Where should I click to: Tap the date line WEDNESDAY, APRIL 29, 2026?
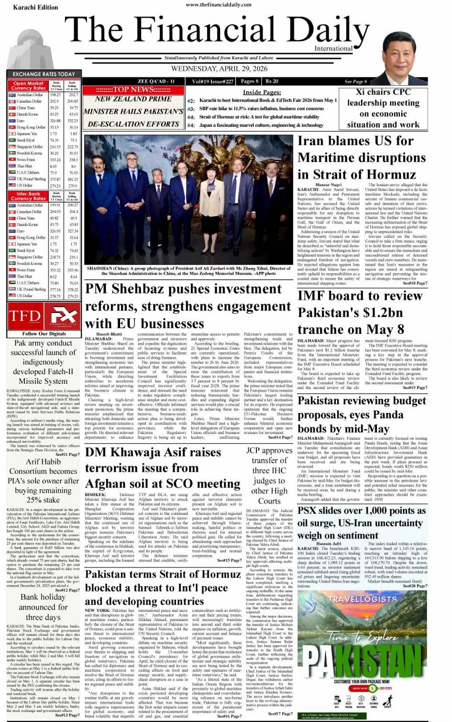click(219, 68)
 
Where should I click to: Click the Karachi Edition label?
click(35, 8)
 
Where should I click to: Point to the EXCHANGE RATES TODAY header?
click(44, 74)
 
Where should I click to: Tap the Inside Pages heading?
click(262, 92)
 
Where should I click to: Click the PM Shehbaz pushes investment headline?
click(187, 306)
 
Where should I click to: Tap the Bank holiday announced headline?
click(43, 607)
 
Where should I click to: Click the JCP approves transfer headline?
click(269, 476)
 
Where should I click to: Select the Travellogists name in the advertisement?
click(363, 599)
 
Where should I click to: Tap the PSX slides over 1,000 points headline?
click(362, 522)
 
